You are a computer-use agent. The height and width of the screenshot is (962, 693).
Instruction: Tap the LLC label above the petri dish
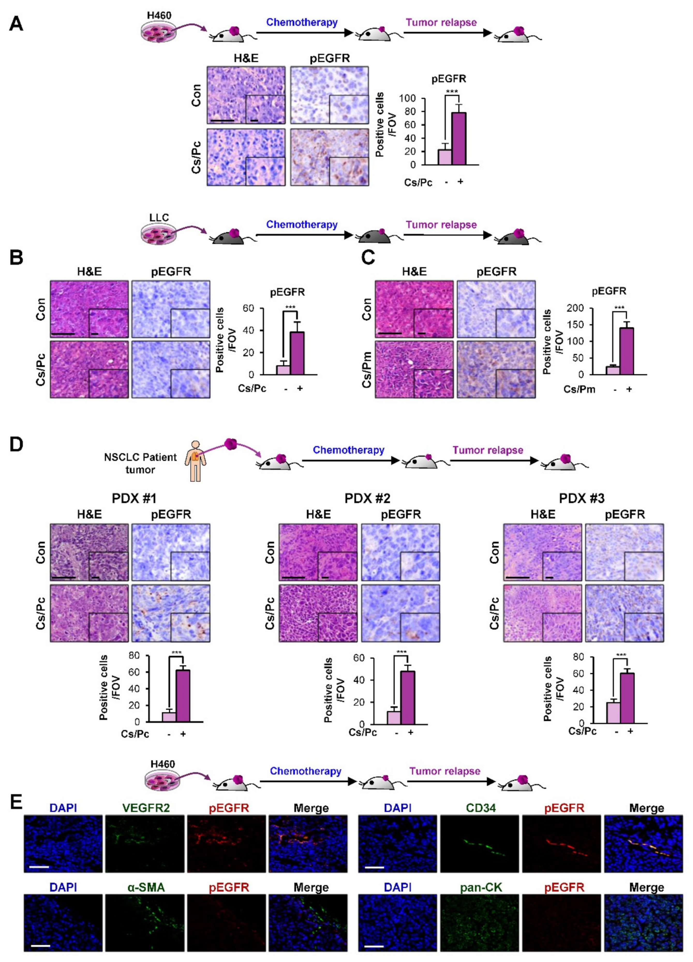pos(159,218)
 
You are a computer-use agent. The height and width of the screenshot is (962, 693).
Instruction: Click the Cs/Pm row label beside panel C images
pos(367,369)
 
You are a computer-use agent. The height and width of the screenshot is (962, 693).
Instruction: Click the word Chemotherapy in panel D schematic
pos(349,450)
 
